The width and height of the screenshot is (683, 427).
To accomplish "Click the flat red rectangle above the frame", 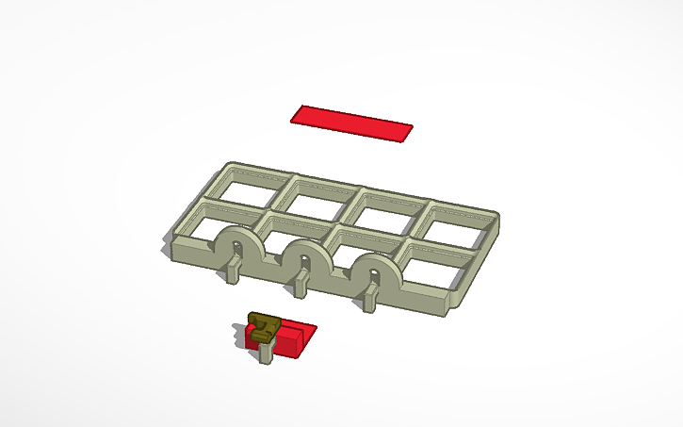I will pyautogui.click(x=351, y=123).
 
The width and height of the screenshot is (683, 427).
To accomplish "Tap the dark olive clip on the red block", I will pyautogui.click(x=262, y=324).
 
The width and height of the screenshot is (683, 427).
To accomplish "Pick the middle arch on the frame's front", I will pyautogui.click(x=303, y=255).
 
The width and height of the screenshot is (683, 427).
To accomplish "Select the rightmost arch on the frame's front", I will pyautogui.click(x=375, y=270).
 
